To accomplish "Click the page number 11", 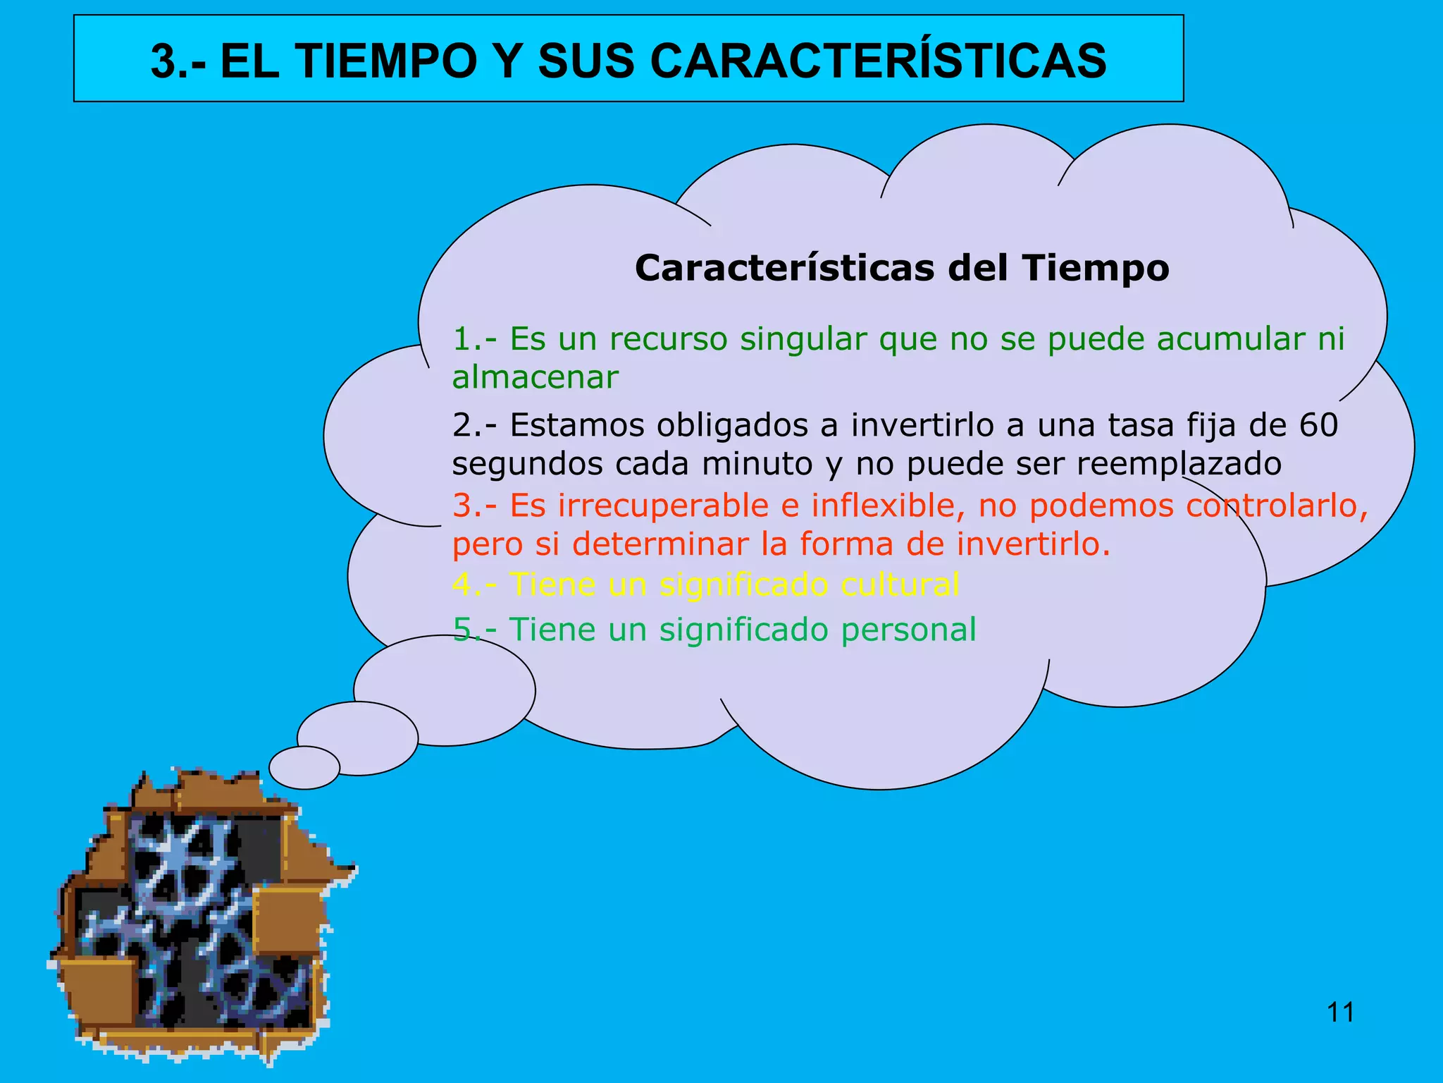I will click(x=1340, y=1012).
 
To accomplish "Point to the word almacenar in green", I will click(x=535, y=377).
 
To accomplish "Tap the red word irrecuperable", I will click(x=663, y=506).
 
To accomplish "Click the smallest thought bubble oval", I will click(x=304, y=768).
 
